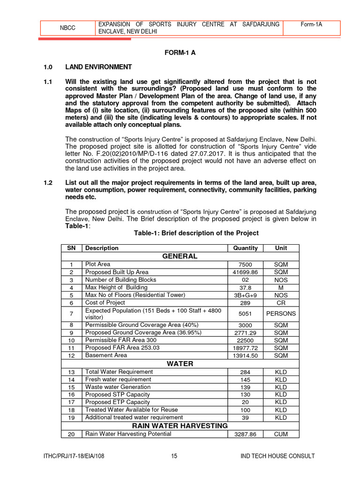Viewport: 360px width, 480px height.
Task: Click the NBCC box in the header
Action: (x=67, y=28)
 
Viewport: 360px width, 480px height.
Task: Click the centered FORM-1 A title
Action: (x=180, y=52)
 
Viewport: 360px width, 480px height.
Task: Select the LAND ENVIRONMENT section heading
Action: (x=98, y=67)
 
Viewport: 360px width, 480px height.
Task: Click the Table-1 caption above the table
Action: (x=196, y=233)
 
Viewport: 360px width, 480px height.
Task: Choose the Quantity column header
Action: (x=245, y=248)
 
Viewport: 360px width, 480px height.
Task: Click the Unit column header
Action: (x=281, y=248)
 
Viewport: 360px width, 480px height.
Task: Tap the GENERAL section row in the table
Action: (x=180, y=256)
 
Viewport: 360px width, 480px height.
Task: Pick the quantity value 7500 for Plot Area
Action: (x=245, y=264)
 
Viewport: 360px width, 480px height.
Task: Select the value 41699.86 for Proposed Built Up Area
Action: (x=245, y=272)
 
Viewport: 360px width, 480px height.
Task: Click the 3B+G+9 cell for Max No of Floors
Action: (x=245, y=295)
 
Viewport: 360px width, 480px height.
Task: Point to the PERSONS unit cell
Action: (x=281, y=314)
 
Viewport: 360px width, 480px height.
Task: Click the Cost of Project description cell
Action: (x=105, y=303)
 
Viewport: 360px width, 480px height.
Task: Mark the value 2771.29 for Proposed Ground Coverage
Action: (x=245, y=333)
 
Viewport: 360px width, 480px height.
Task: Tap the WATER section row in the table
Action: (x=180, y=364)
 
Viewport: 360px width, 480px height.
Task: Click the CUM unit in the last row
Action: (x=281, y=435)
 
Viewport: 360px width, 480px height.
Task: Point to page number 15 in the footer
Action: (x=174, y=456)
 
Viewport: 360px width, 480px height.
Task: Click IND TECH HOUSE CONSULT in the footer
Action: (x=277, y=456)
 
